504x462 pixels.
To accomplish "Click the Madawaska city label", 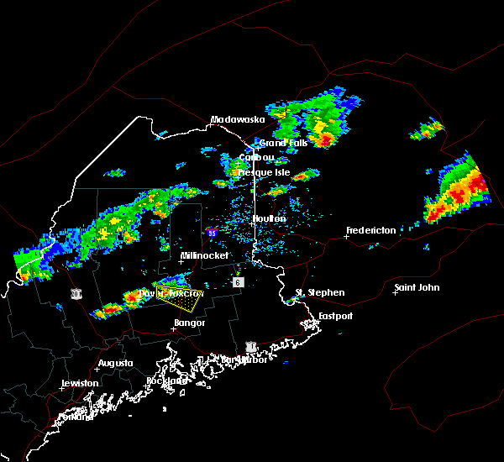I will pos(237,119).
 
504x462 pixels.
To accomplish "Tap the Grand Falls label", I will pos(283,143).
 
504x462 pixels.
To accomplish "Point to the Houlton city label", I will pos(269,218).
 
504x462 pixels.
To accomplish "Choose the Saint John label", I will pos(417,288).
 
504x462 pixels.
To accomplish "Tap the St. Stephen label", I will pos(319,292).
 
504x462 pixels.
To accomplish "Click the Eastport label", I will pos(336,316).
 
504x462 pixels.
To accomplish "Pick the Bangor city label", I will pos(189,322).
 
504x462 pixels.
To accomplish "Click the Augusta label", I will pos(115,363).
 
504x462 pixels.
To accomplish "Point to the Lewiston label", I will pos(81,383).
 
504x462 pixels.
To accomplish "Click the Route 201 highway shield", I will pos(76,293).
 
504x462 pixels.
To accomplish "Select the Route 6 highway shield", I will pos(238,282).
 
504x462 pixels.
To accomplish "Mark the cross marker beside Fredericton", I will pos(346,236).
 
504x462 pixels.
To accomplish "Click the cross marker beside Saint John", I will pos(395,293).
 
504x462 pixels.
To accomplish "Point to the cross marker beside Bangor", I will pos(173,328).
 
